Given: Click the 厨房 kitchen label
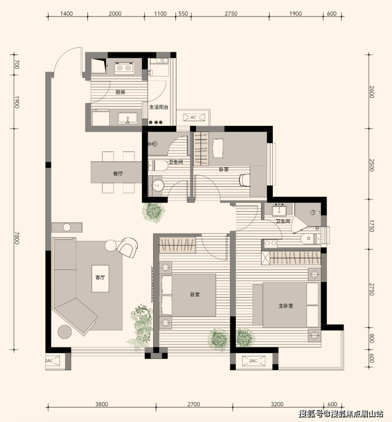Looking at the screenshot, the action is coord(120,92).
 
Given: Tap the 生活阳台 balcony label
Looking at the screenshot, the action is coord(159,107).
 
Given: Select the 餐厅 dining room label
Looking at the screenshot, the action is coord(118,174).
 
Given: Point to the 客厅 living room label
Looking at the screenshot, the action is coord(100,277).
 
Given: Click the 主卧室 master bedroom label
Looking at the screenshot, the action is coord(286,306).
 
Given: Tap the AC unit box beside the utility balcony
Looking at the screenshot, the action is coord(194,118).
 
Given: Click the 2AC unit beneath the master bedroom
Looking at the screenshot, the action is coord(253,361).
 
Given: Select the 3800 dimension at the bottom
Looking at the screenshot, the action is coord(102,404).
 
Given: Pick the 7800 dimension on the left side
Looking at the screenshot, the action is coord(17,238).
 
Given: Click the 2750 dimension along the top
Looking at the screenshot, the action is coord(231,13).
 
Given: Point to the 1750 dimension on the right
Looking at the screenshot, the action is coord(371,226).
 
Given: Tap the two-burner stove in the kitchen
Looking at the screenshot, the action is coord(124,68).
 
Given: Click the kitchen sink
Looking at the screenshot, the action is coord(128,119).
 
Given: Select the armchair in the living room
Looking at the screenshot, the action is coord(128,247).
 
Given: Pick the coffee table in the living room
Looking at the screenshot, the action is coord(101,279).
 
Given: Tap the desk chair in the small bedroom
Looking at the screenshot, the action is coord(244,180).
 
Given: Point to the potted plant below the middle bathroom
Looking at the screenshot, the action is coord(154,212).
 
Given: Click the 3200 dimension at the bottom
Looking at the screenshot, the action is coord(277,404).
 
